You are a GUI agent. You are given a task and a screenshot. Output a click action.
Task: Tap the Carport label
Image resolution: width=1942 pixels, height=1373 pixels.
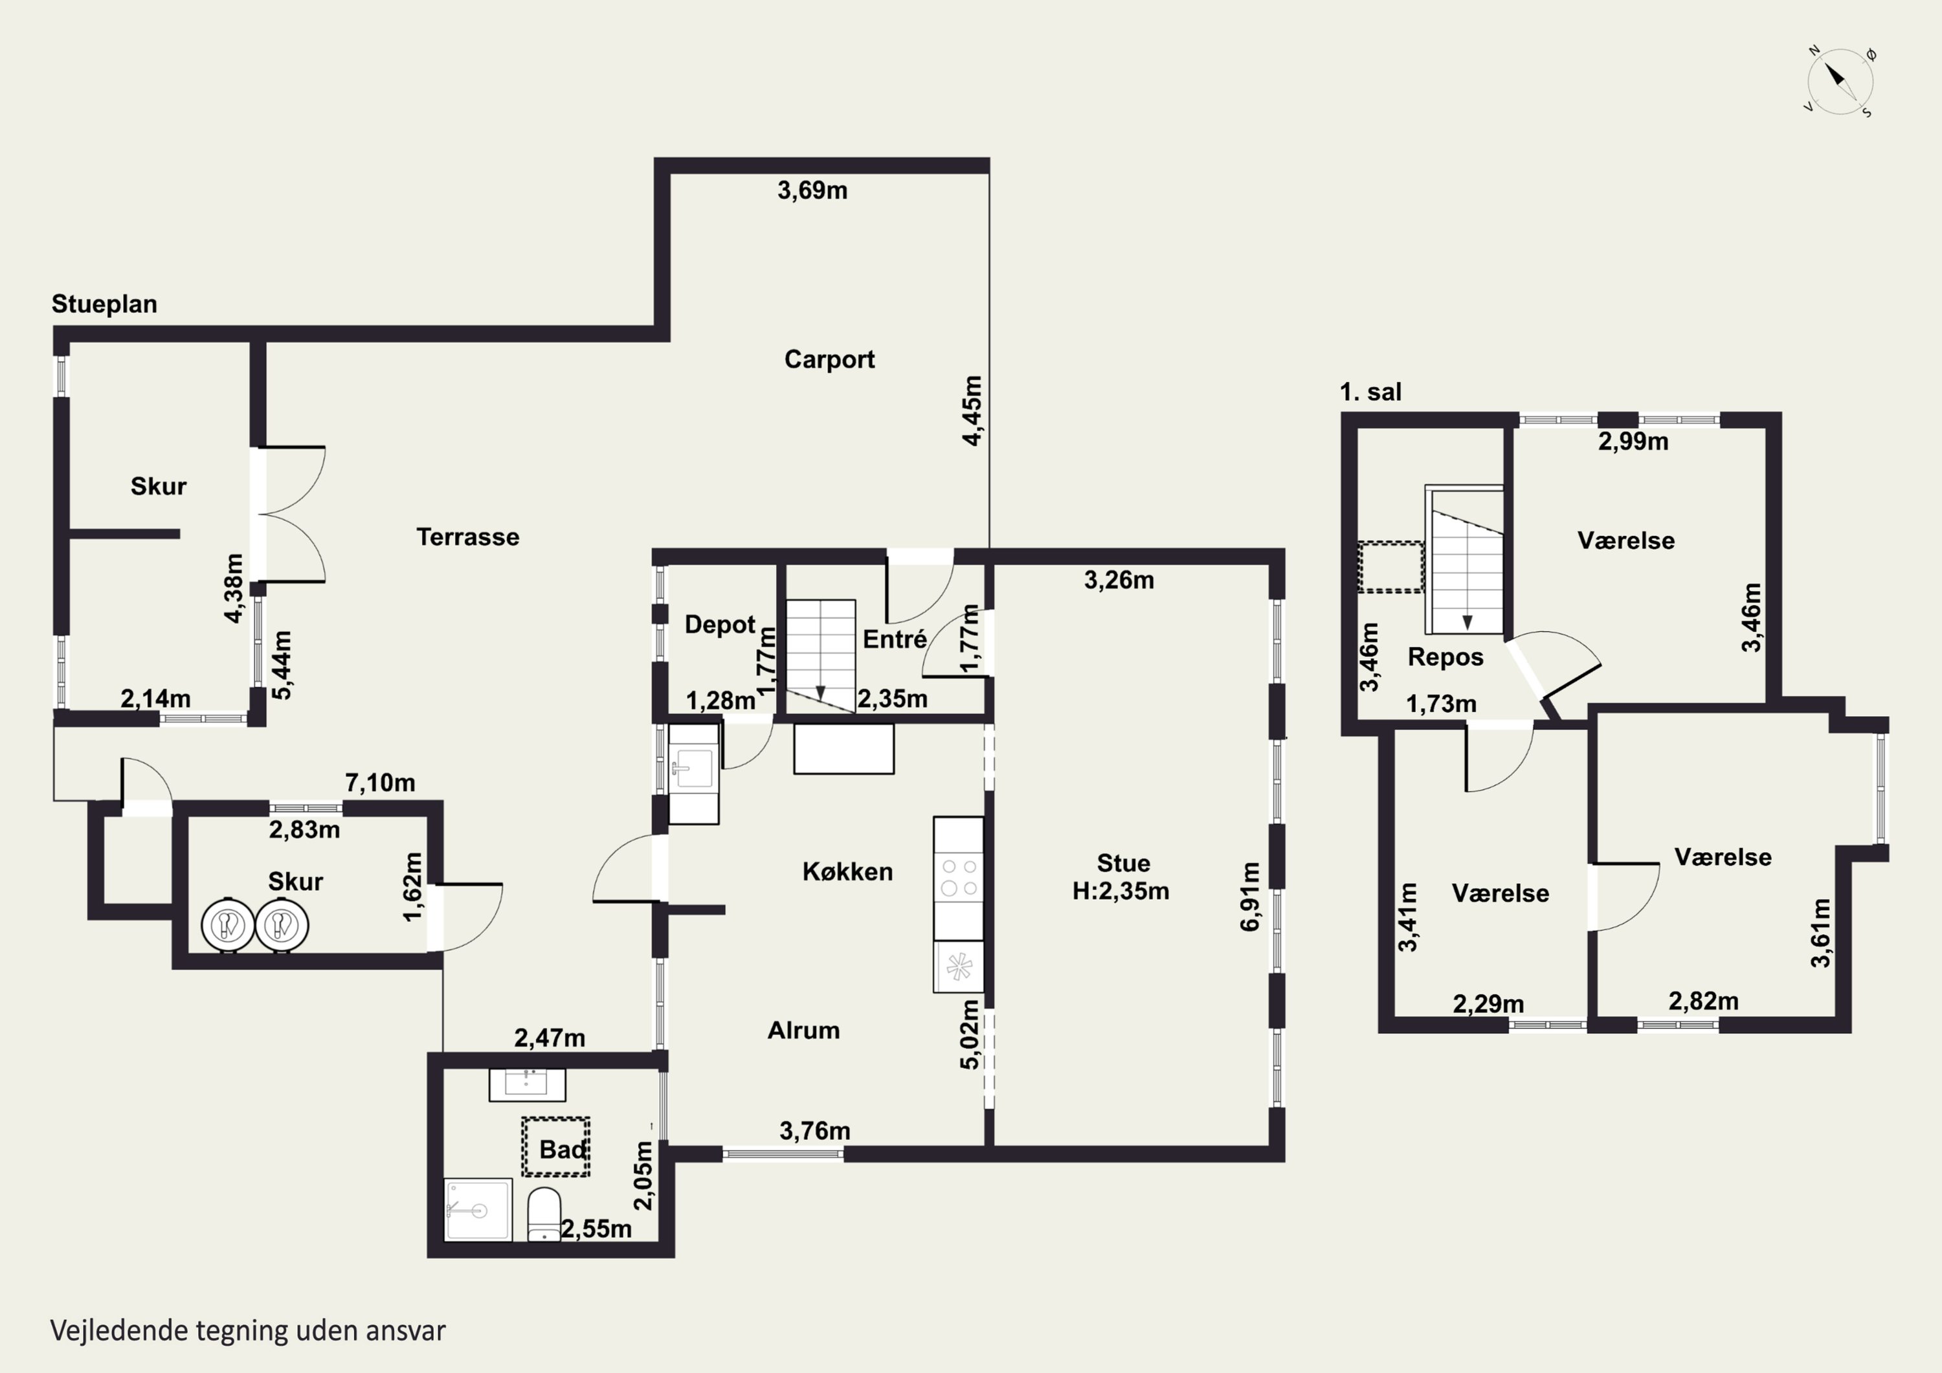click(x=829, y=359)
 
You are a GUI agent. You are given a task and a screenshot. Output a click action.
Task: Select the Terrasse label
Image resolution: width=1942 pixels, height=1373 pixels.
click(x=468, y=537)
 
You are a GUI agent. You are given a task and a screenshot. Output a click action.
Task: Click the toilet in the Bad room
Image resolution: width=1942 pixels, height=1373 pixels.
click(x=544, y=1214)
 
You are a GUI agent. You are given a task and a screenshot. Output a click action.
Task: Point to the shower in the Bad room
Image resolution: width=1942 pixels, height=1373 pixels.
click(x=478, y=1210)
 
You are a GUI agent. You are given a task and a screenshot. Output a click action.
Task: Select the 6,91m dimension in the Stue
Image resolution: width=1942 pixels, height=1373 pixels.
click(x=1249, y=897)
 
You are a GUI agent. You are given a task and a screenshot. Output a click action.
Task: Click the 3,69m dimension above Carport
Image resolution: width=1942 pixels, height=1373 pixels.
click(x=812, y=190)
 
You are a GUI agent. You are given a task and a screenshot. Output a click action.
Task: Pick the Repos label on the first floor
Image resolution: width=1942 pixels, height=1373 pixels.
click(x=1445, y=657)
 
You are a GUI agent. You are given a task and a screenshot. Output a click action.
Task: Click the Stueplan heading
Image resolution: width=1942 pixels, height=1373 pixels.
click(x=104, y=304)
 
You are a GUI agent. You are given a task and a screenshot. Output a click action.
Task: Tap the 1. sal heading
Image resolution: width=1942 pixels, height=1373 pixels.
click(x=1370, y=392)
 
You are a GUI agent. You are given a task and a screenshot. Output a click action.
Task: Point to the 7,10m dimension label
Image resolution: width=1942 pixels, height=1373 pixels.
click(x=380, y=783)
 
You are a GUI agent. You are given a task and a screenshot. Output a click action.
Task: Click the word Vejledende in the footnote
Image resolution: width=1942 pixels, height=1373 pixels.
click(x=118, y=1331)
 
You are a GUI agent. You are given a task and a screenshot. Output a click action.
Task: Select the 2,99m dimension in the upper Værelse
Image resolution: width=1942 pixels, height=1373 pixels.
click(x=1633, y=441)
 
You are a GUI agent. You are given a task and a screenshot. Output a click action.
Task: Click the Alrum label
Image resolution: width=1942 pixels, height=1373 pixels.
click(x=803, y=1031)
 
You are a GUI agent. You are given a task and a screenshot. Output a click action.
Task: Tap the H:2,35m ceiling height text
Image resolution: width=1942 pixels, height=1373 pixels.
click(x=1121, y=891)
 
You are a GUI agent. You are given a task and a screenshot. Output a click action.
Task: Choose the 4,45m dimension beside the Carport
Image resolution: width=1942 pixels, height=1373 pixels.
click(x=973, y=410)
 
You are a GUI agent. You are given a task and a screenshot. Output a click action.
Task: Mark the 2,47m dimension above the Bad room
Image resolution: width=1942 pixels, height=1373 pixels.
click(x=550, y=1038)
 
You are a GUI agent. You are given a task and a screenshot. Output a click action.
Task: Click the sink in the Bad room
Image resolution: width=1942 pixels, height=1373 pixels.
click(x=527, y=1084)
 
